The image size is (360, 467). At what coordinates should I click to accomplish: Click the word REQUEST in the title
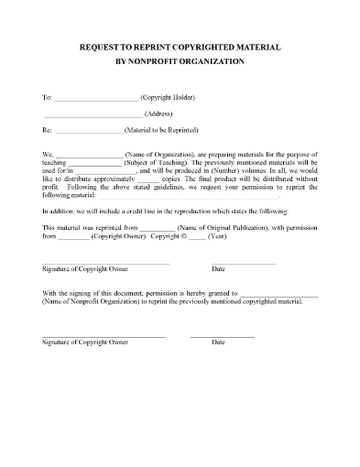click(x=99, y=46)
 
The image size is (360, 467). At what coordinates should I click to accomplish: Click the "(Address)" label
click(x=162, y=114)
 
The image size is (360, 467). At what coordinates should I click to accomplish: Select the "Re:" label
click(x=48, y=130)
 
